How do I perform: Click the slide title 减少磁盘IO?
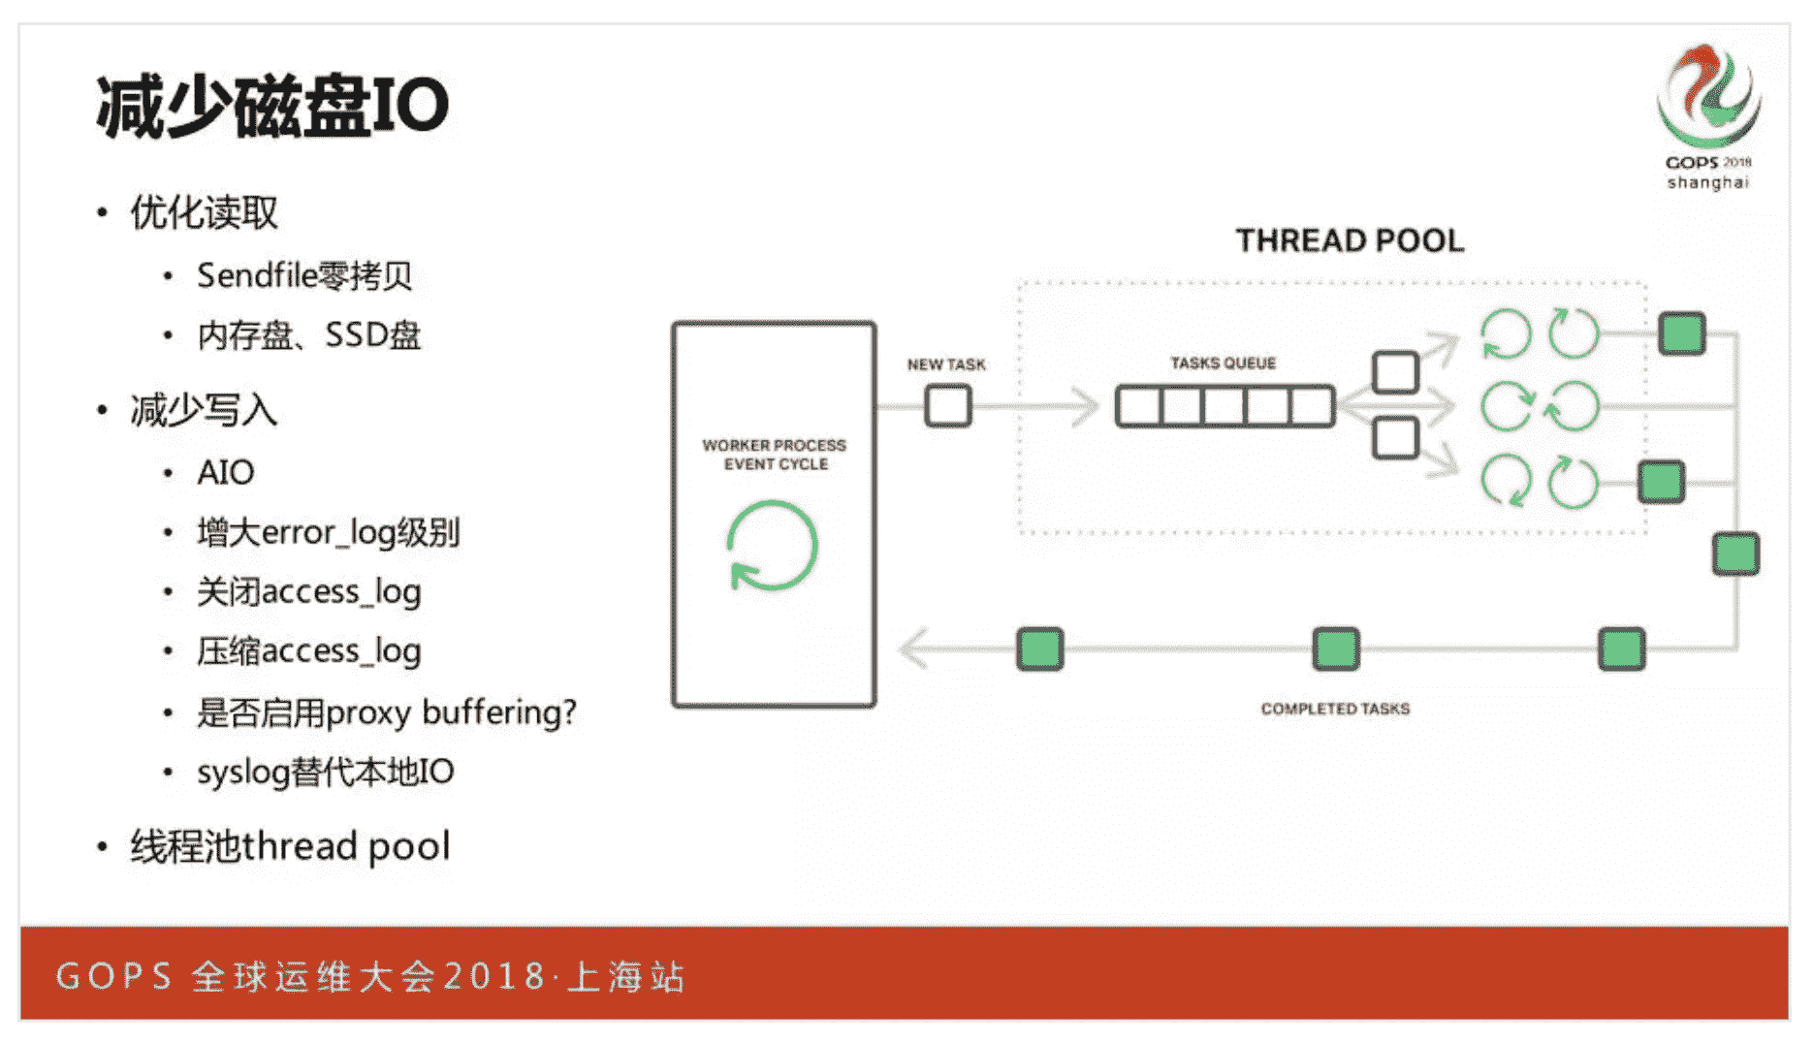point(272,107)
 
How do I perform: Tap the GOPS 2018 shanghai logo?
point(1708,116)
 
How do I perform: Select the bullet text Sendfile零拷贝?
point(304,276)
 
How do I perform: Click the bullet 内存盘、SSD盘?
point(309,335)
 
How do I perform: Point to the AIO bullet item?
point(225,473)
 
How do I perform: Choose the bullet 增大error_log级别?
point(328,532)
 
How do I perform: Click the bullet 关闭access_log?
point(308,592)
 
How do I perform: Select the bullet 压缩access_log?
point(308,651)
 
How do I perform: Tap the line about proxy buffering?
point(386,712)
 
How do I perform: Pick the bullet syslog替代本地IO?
point(325,773)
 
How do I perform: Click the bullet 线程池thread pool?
point(290,846)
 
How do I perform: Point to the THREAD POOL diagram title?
point(1350,240)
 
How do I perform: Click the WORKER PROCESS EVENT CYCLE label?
point(774,455)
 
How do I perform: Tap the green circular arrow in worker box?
point(773,546)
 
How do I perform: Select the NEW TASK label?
point(946,364)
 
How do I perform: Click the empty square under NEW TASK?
point(947,406)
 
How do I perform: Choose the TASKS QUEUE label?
point(1223,363)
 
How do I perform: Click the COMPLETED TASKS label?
point(1335,709)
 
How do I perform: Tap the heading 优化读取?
point(204,213)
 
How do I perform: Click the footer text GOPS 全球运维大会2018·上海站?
point(370,976)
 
